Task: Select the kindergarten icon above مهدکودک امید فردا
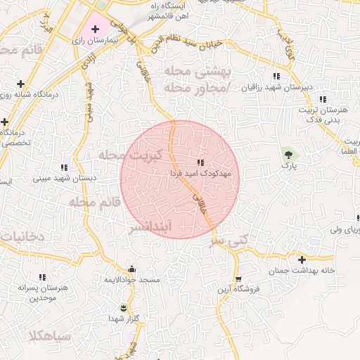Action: point(202,162)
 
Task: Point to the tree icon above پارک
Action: point(287,153)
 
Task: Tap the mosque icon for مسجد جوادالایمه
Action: point(131,269)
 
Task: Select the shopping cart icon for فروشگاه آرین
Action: point(238,278)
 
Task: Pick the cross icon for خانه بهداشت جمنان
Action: point(302,259)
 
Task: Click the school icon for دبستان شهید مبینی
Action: point(65,167)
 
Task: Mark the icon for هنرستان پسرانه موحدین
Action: point(42,278)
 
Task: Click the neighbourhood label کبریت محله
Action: point(131,154)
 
